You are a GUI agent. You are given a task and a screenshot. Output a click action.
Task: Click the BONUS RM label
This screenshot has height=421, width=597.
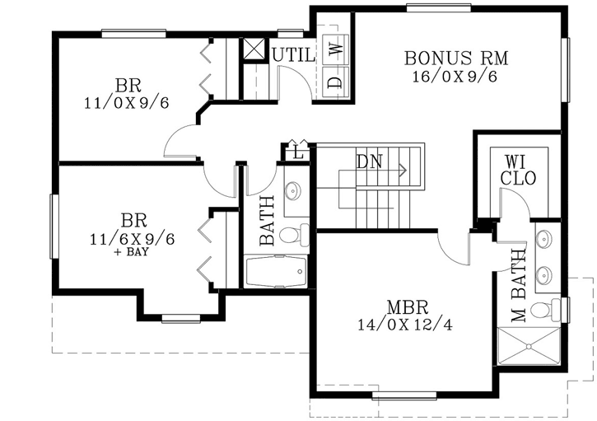[455, 58]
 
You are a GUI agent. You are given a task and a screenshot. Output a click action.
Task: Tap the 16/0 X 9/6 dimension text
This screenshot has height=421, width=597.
[455, 77]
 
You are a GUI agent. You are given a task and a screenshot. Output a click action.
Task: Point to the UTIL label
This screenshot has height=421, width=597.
[294, 55]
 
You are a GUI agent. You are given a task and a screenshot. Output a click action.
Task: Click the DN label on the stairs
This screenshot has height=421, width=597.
[369, 161]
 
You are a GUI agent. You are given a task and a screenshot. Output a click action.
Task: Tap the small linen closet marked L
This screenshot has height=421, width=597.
[296, 152]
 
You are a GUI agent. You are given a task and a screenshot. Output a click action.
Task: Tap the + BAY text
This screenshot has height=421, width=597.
[133, 253]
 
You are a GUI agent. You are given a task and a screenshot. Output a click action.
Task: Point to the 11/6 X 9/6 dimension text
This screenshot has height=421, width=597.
[133, 238]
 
